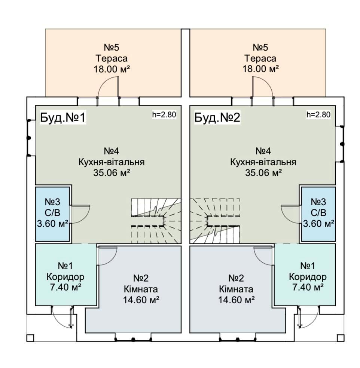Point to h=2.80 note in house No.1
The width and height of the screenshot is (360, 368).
pyautogui.click(x=164, y=115)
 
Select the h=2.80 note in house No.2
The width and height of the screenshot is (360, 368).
pyautogui.click(x=318, y=115)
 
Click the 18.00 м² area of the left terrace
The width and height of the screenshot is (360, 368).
pyautogui.click(x=112, y=69)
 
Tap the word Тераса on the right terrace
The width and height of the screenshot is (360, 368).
pyautogui.click(x=260, y=59)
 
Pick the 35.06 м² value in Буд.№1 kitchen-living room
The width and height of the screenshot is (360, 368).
pyautogui.click(x=112, y=173)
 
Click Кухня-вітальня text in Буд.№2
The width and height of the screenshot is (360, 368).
pyautogui.click(x=263, y=162)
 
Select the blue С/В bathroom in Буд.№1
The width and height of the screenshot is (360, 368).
pyautogui.click(x=52, y=213)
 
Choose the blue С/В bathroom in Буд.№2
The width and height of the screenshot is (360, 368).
pyautogui.click(x=318, y=213)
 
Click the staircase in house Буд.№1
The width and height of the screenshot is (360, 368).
pyautogui.click(x=155, y=221)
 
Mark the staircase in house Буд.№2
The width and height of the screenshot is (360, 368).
pyautogui.click(x=215, y=221)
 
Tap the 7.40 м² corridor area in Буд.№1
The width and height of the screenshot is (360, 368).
pyautogui.click(x=65, y=288)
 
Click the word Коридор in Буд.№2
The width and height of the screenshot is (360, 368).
pyautogui.click(x=308, y=277)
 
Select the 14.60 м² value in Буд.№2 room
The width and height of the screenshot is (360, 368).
pyautogui.click(x=236, y=300)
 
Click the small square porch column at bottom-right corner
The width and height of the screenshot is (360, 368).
pyautogui.click(x=340, y=338)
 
